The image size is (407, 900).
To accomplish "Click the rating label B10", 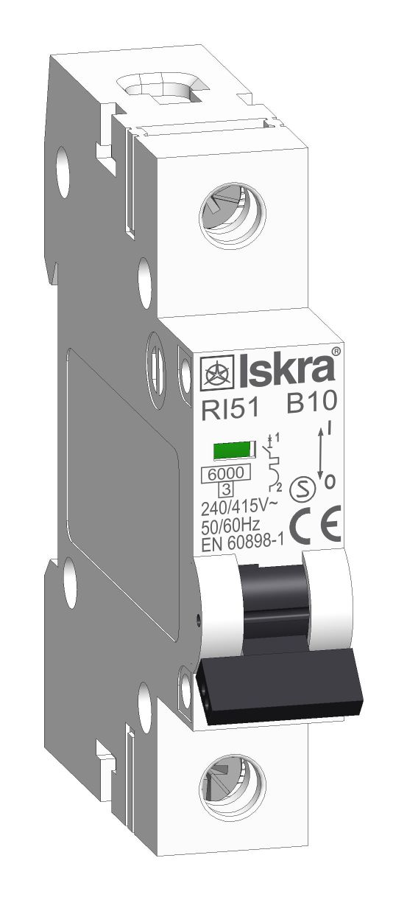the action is click(x=311, y=402).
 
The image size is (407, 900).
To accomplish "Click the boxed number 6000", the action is click(x=225, y=473).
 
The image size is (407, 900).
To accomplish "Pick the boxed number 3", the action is click(x=226, y=489).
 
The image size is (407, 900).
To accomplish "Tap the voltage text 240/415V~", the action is click(x=239, y=509).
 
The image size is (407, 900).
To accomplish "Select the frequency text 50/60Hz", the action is click(x=230, y=526).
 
